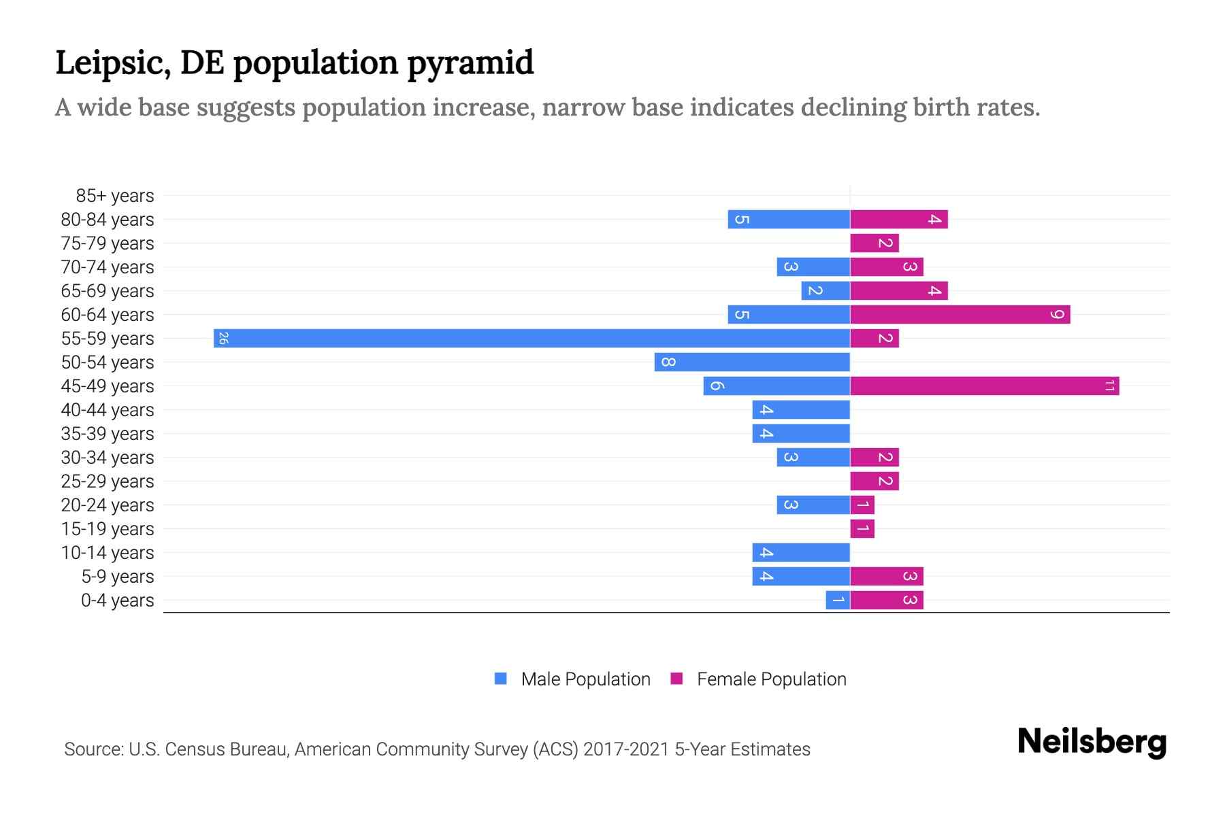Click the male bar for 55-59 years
pos(531,338)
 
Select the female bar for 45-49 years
pos(984,386)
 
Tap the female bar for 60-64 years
pos(960,314)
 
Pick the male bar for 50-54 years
pos(752,362)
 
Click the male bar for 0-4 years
pos(838,600)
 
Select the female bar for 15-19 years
pos(862,528)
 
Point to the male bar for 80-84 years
pos(789,219)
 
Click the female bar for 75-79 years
pos(875,243)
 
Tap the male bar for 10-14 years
pos(801,552)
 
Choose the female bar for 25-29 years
pos(875,481)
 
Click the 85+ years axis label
pos(115,196)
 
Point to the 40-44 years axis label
pos(108,410)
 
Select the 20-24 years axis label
pos(108,505)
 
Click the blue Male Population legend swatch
pos(501,679)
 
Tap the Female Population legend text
pos(771,679)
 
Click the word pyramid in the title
pos(470,63)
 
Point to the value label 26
pos(223,338)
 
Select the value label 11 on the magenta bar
pos(1109,386)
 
